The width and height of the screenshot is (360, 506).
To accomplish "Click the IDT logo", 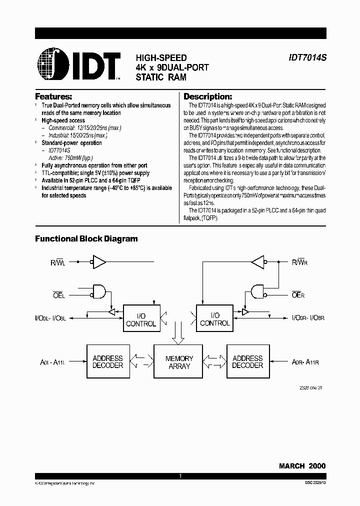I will (x=79, y=64).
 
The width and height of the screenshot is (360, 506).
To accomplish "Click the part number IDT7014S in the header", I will (x=307, y=57).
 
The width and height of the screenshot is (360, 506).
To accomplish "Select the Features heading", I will (x=53, y=96).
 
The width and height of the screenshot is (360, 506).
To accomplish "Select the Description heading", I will (x=207, y=96).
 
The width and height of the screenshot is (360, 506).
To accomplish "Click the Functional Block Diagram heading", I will (x=86, y=238).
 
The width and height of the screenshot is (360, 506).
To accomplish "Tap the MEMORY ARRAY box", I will (x=179, y=362).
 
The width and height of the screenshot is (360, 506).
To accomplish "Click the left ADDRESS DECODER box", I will (x=107, y=362).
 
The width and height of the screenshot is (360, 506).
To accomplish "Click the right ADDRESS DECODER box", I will (x=247, y=362).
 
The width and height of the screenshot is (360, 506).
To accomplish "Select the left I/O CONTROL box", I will (x=141, y=319).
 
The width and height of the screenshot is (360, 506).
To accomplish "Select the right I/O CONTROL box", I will (x=215, y=319).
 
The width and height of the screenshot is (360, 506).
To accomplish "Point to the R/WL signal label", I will (x=57, y=261).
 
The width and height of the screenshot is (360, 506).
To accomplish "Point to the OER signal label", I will (x=298, y=296).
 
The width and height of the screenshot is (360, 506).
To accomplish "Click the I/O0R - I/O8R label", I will (x=309, y=318).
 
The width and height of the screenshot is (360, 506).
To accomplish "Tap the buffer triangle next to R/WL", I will (x=99, y=261).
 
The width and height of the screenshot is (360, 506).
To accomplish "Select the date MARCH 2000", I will (x=302, y=465).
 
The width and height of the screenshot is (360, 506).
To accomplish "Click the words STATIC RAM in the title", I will (x=161, y=77).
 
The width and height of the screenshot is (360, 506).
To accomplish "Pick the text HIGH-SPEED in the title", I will (x=161, y=58).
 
